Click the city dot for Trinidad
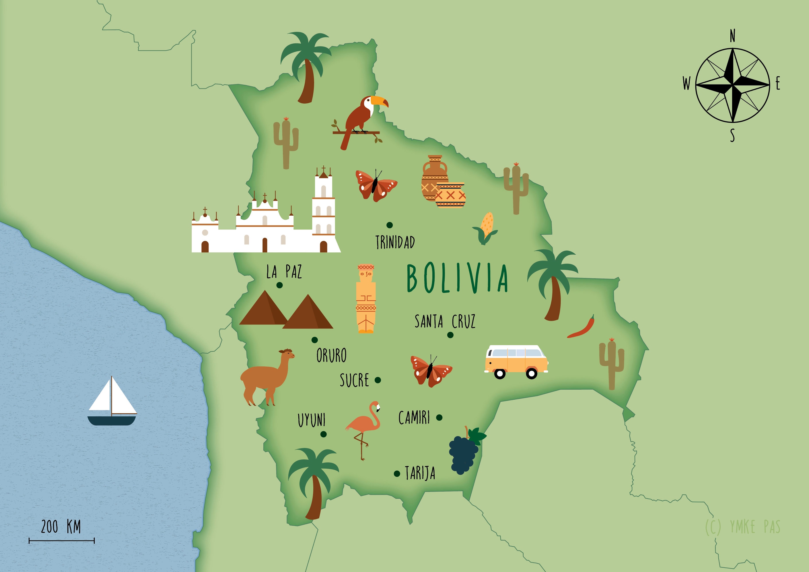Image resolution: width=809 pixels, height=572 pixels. coord(389,225)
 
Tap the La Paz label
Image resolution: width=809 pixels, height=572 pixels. coord(284,272)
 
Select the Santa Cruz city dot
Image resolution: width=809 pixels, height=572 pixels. coord(450,335)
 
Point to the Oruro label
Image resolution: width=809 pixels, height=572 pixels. coord(331,355)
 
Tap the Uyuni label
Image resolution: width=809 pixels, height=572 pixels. coord(312,420)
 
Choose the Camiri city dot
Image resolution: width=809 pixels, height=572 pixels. coord(439,418)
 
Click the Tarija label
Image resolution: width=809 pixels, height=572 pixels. coord(420,473)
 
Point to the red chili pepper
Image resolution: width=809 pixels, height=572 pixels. coord(582,328)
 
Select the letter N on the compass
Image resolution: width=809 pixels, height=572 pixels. coord(732,36)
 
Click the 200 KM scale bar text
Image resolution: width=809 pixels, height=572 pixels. coord(61,527)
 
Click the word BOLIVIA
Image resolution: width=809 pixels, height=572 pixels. coord(457,278)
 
